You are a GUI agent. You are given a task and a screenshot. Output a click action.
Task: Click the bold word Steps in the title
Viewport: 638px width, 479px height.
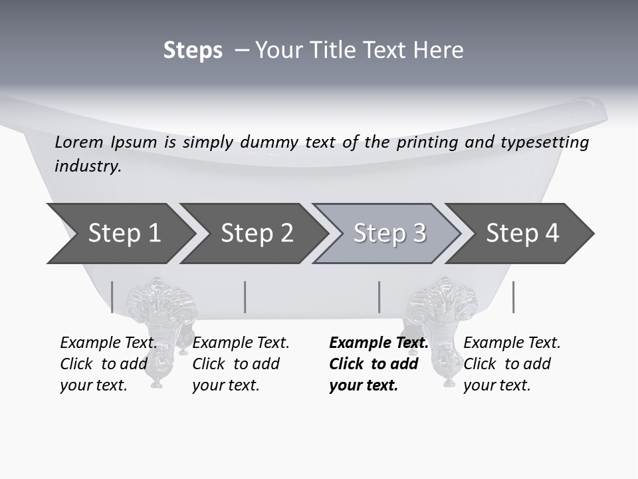[193, 51]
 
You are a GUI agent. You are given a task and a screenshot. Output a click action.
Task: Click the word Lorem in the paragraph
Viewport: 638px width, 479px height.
[78, 142]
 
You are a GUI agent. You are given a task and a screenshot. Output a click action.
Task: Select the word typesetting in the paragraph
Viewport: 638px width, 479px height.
[544, 142]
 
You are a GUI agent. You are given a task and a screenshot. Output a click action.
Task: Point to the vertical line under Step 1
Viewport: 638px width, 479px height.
[112, 297]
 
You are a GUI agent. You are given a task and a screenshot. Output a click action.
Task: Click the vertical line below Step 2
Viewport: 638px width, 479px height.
[245, 297]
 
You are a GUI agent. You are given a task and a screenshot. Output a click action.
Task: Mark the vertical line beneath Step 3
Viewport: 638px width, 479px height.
[379, 297]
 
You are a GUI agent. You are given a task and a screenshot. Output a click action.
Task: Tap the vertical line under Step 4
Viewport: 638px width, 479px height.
[513, 297]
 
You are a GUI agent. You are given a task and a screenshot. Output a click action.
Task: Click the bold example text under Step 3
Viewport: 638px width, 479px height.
[378, 364]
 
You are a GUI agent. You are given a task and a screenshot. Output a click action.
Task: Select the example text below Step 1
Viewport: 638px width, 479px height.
[108, 364]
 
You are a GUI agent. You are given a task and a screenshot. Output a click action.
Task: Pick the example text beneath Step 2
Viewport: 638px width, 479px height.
[240, 364]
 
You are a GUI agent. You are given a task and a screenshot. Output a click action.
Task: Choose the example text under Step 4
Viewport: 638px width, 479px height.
[511, 364]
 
